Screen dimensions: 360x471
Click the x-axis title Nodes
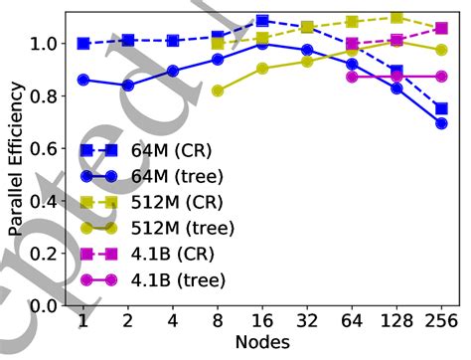coord(262,342)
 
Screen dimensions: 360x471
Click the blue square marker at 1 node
coord(83,44)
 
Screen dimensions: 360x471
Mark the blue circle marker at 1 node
coord(83,80)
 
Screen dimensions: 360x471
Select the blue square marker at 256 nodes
coord(441,108)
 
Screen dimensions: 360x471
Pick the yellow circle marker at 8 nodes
coord(218,90)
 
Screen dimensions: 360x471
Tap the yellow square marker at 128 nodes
coord(396,18)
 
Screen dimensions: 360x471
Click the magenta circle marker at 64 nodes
coord(352,77)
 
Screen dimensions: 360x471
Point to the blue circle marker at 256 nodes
coord(441,123)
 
